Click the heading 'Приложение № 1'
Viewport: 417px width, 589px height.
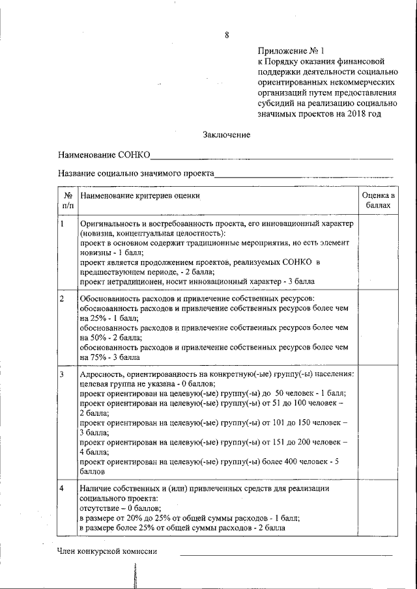point(290,50)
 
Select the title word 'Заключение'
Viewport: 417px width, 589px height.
point(226,135)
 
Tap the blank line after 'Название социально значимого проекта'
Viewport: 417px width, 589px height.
point(304,176)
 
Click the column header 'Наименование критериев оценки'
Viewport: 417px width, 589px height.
point(140,195)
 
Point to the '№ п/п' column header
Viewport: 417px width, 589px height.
point(68,200)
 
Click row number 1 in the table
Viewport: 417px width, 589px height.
point(61,224)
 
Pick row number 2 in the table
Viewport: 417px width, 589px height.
point(61,299)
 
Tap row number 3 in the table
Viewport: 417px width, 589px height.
point(61,375)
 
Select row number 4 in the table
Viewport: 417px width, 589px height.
point(61,488)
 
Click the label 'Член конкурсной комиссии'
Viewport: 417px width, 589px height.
point(108,552)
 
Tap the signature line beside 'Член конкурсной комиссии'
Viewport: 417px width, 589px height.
point(287,554)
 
